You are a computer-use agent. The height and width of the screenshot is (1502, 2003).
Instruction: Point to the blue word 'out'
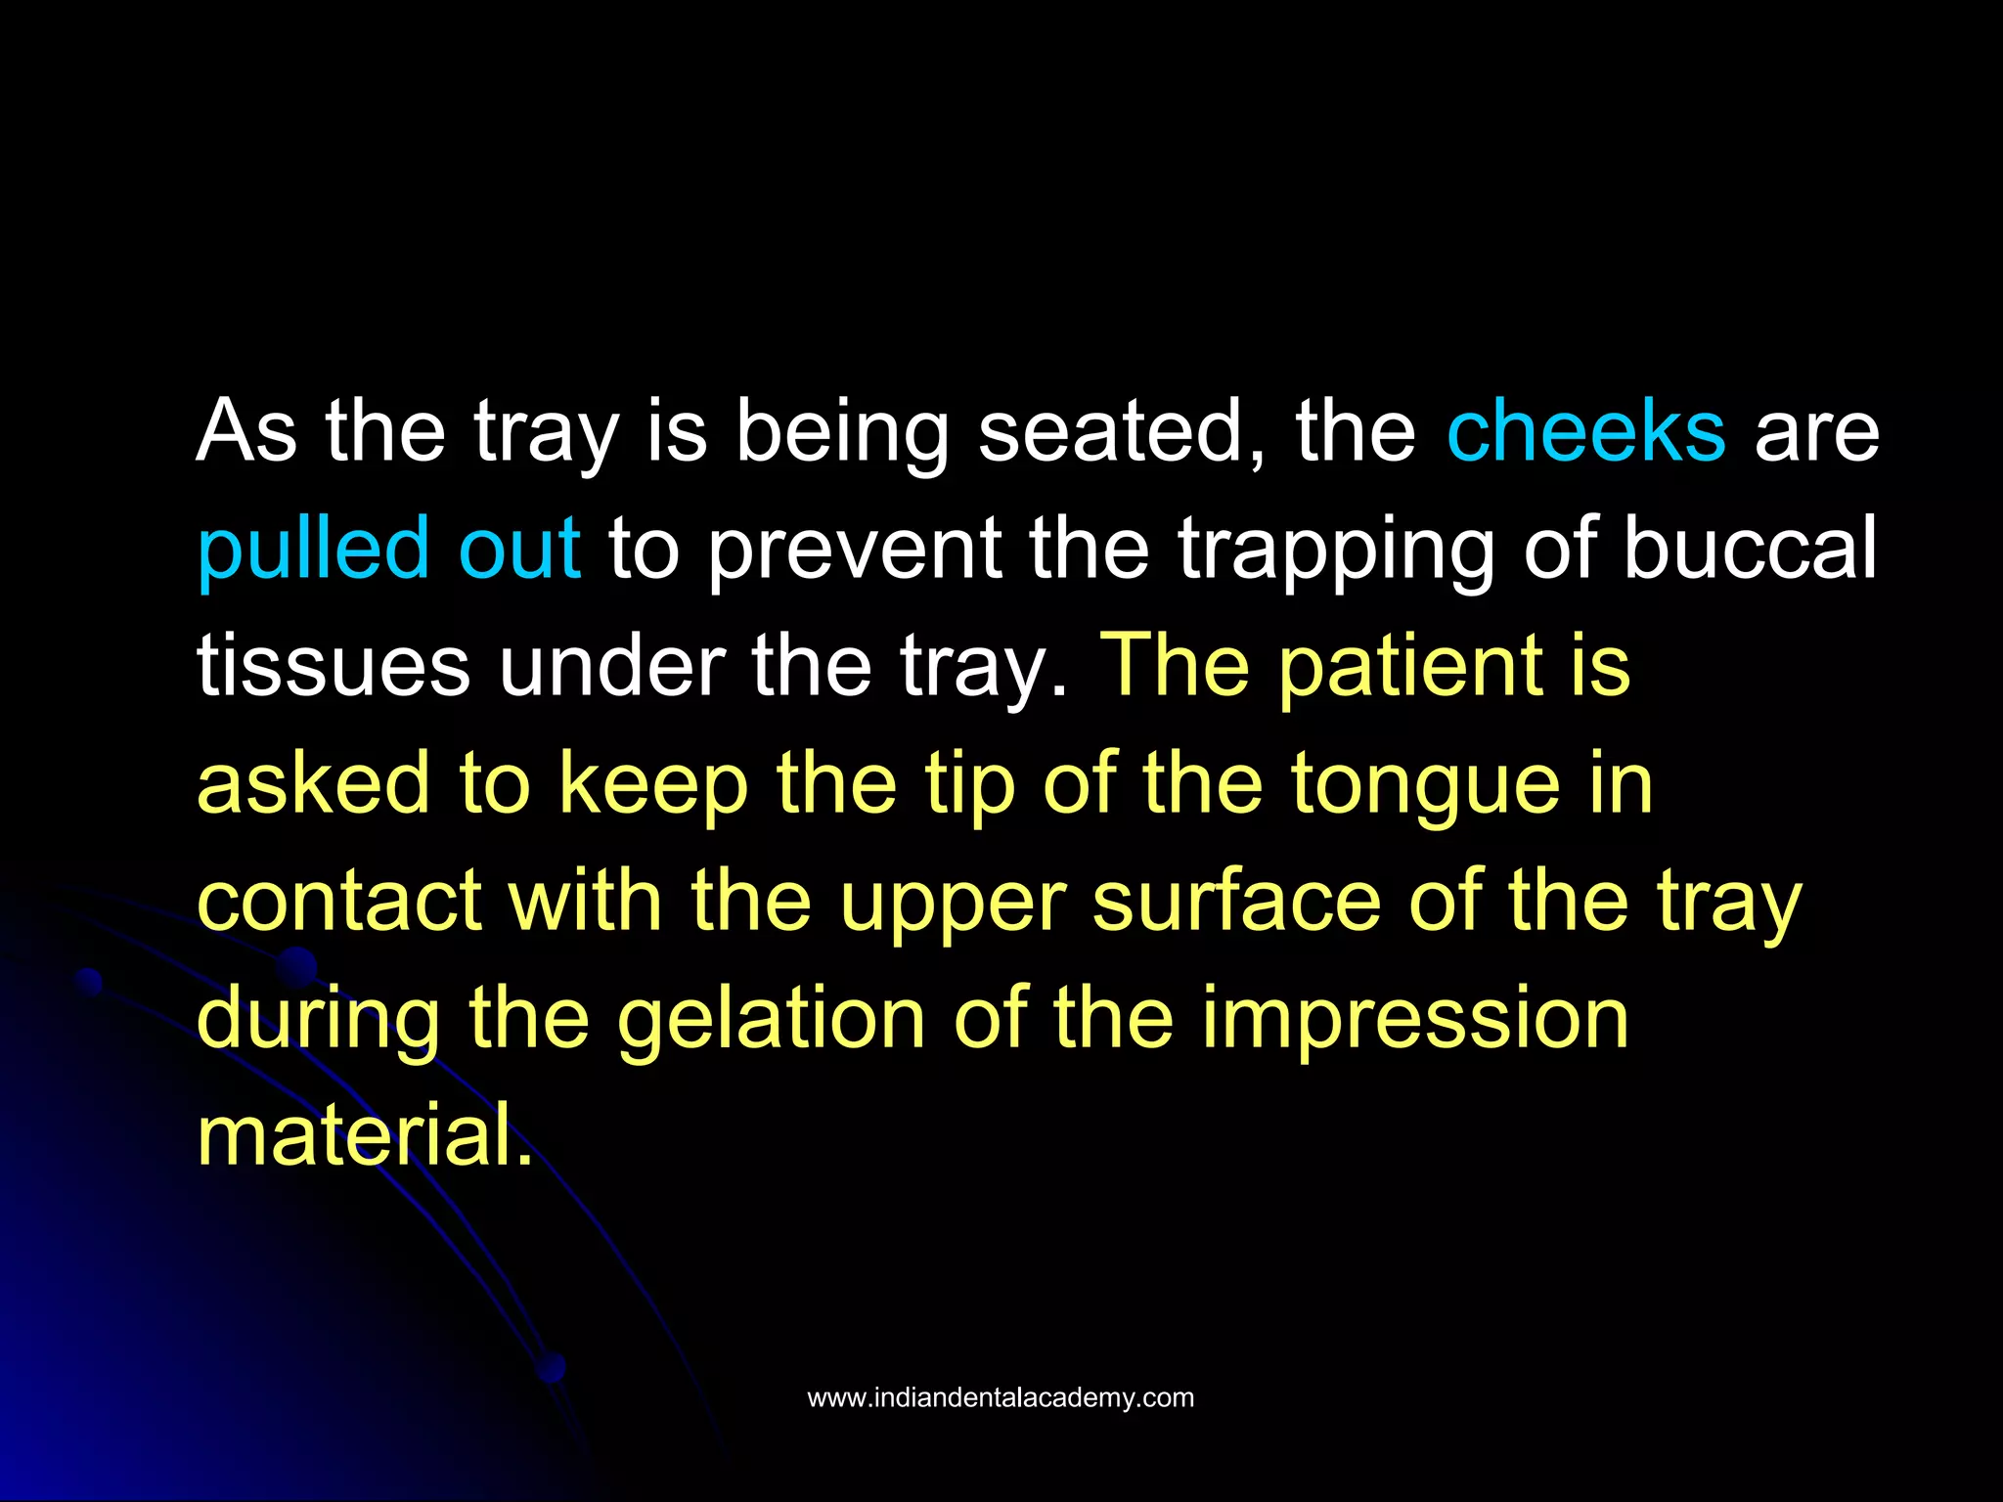(519, 549)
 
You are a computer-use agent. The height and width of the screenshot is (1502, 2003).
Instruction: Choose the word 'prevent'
(854, 549)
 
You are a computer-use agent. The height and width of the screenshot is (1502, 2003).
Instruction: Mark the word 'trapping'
(1336, 549)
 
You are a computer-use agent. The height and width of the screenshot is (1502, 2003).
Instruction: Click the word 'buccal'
(1750, 549)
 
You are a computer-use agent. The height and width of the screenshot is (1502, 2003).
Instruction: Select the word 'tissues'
(334, 666)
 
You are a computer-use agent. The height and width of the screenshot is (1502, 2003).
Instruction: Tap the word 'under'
(611, 666)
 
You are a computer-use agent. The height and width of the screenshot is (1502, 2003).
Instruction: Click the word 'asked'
(313, 783)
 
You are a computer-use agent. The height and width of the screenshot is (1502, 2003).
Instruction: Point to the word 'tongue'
(1424, 783)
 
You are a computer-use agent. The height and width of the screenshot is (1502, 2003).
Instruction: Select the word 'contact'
(339, 901)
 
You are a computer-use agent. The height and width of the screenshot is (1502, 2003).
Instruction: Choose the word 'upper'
(952, 901)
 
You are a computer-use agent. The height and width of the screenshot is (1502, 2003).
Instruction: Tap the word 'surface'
(1235, 901)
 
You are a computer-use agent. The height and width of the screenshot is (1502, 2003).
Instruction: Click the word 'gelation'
(771, 1018)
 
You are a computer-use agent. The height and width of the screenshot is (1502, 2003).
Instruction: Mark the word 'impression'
(1414, 1018)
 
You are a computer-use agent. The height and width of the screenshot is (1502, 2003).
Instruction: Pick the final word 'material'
(365, 1135)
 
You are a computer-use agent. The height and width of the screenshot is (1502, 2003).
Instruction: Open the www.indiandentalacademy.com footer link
(1001, 1397)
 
